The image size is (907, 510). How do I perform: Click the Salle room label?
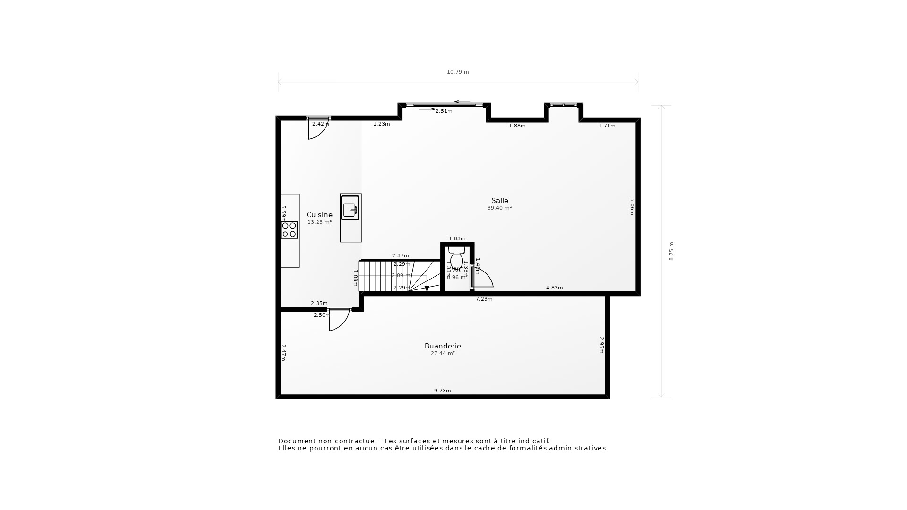tap(499, 201)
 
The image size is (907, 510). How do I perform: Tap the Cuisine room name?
tap(319, 215)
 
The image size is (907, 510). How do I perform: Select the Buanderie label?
tap(443, 346)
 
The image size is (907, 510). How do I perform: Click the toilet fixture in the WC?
tap(456, 259)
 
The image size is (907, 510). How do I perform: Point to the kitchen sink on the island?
tap(350, 208)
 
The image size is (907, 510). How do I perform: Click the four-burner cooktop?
tap(289, 230)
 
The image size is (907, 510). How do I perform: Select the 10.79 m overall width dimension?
tap(458, 72)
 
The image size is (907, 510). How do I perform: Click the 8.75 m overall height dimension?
tap(671, 251)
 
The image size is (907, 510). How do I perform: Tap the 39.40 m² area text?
tap(499, 208)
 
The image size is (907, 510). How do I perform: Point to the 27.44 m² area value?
tap(443, 354)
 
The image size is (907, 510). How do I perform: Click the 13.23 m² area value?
tap(319, 222)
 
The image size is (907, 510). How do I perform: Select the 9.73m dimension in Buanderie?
tap(443, 391)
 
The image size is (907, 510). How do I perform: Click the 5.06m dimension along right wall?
tap(632, 206)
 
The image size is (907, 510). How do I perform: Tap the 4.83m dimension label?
tap(554, 288)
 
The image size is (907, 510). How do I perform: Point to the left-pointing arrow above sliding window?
tap(462, 102)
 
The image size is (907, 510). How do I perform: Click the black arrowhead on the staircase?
tap(427, 288)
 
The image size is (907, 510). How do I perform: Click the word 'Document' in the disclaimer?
tap(296, 441)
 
